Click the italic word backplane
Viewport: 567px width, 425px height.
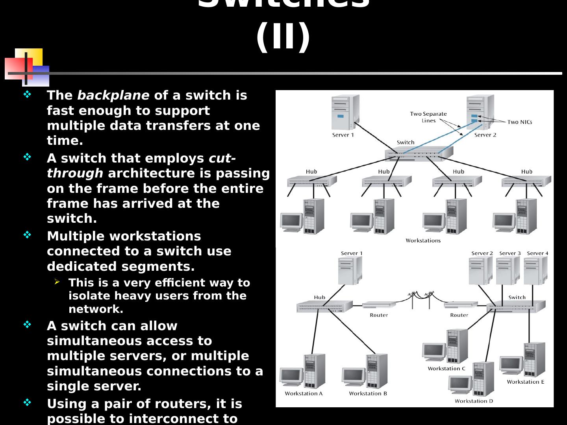click(x=113, y=95)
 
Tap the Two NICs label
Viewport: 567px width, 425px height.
click(x=519, y=122)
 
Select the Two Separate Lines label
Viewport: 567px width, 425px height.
click(x=428, y=117)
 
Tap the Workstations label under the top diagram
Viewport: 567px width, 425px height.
click(x=423, y=240)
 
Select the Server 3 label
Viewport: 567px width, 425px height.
click(x=510, y=253)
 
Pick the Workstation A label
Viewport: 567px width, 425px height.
click(x=304, y=394)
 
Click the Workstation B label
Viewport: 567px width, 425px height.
click(x=368, y=394)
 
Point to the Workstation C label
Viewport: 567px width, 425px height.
click(x=447, y=369)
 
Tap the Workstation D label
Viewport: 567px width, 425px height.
click(x=474, y=401)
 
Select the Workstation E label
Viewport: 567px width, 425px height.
click(x=525, y=382)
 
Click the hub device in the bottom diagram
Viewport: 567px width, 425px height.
click(x=324, y=306)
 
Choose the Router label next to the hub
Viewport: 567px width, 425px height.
click(x=379, y=315)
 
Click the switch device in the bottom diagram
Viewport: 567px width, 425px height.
click(x=516, y=306)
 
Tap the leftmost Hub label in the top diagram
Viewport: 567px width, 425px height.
click(x=311, y=172)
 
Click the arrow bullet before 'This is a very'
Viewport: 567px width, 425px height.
click(x=57, y=282)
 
